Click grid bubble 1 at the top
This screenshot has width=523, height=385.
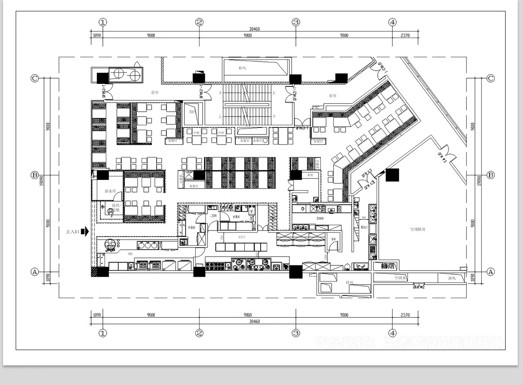click(x=103, y=22)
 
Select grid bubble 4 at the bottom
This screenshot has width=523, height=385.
click(x=392, y=333)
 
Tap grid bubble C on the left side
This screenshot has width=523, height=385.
click(x=35, y=78)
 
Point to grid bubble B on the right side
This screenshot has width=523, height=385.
click(x=490, y=175)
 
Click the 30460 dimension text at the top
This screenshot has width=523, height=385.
click(x=255, y=29)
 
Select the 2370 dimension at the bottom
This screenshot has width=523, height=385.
click(x=405, y=315)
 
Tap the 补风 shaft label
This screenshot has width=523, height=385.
click(x=243, y=69)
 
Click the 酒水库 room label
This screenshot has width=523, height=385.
click(x=109, y=191)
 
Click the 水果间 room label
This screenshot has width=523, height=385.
click(x=237, y=217)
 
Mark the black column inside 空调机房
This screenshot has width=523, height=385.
click(x=392, y=175)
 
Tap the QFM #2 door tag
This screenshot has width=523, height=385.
click(x=419, y=287)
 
